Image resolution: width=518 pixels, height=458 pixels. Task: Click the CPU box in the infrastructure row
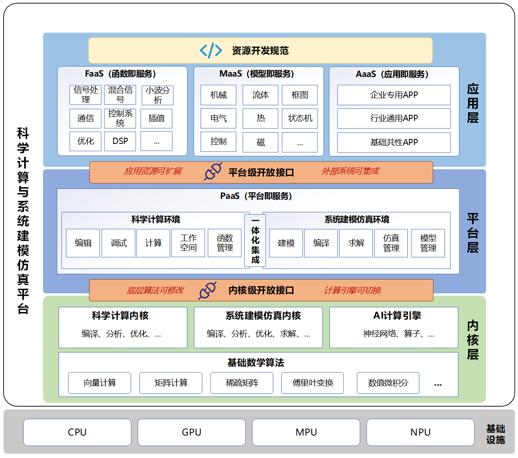pyautogui.click(x=77, y=432)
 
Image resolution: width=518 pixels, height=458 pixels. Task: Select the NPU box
pyautogui.click(x=420, y=432)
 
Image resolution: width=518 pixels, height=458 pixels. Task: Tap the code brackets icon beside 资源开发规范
pyautogui.click(x=211, y=50)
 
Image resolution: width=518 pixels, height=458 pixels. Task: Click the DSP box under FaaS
pyautogui.click(x=120, y=141)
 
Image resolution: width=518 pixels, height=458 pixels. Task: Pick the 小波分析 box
pyautogui.click(x=158, y=95)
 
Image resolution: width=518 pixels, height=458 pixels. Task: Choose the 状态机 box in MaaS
pyautogui.click(x=300, y=119)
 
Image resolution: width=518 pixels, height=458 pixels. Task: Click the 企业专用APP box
pyautogui.click(x=394, y=95)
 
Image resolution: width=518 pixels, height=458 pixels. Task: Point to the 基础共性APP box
pyautogui.click(x=394, y=142)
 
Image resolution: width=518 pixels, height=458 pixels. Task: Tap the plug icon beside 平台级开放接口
pyautogui.click(x=213, y=171)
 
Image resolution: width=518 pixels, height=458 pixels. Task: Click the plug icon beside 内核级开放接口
pyautogui.click(x=208, y=290)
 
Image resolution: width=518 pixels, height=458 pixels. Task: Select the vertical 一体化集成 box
pyautogui.click(x=255, y=240)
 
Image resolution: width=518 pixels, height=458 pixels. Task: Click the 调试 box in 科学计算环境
pyautogui.click(x=119, y=243)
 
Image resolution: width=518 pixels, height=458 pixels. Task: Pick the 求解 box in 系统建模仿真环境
pyautogui.click(x=356, y=243)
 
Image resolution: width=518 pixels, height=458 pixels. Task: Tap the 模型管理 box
pyautogui.click(x=428, y=243)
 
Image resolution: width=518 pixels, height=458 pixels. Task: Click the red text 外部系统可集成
pyautogui.click(x=350, y=171)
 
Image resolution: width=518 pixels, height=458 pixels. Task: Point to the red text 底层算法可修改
pyautogui.click(x=155, y=290)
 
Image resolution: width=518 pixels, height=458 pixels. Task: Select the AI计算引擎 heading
pyautogui.click(x=397, y=316)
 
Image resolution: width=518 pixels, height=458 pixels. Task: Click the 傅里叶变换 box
pyautogui.click(x=312, y=383)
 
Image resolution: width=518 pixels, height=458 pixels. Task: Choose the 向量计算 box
pyautogui.click(x=100, y=383)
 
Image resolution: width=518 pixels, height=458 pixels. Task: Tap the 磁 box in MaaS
pyautogui.click(x=260, y=142)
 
